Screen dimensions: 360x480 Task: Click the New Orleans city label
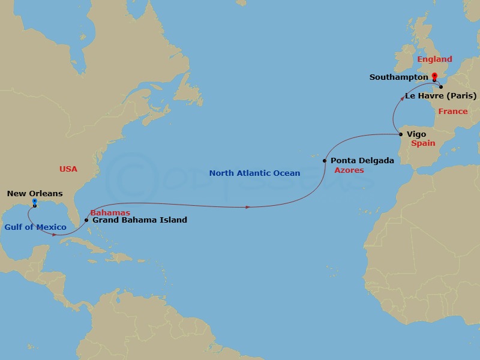point(35,194)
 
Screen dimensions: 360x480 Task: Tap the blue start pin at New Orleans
point(35,202)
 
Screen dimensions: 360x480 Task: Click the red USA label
point(68,169)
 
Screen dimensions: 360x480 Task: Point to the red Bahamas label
point(110,212)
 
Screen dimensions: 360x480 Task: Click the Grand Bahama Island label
point(140,220)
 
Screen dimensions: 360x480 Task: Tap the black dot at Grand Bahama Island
point(87,220)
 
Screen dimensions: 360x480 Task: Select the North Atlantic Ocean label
point(254,173)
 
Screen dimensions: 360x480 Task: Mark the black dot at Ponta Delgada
point(325,161)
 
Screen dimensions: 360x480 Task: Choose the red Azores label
point(349,170)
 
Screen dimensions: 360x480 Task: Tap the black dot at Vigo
point(401,134)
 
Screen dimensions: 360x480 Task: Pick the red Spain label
point(423,143)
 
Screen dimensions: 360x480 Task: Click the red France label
point(452,112)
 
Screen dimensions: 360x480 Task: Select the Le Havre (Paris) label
point(441,96)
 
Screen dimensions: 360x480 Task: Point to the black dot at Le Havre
point(441,87)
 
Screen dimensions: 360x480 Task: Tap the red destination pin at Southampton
point(434,77)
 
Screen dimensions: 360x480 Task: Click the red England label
point(434,59)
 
